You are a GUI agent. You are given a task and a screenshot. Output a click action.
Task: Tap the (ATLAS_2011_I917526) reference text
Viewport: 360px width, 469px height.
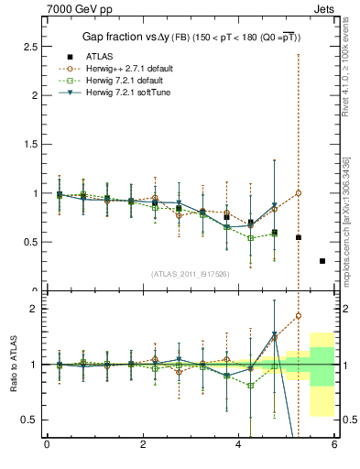tap(190, 274)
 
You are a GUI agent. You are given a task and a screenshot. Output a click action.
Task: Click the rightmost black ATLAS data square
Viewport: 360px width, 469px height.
tap(322, 261)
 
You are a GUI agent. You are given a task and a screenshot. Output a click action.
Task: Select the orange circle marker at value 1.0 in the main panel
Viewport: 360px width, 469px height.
tap(299, 193)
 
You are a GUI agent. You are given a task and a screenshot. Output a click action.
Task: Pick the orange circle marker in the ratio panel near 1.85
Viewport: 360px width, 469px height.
tap(299, 316)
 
